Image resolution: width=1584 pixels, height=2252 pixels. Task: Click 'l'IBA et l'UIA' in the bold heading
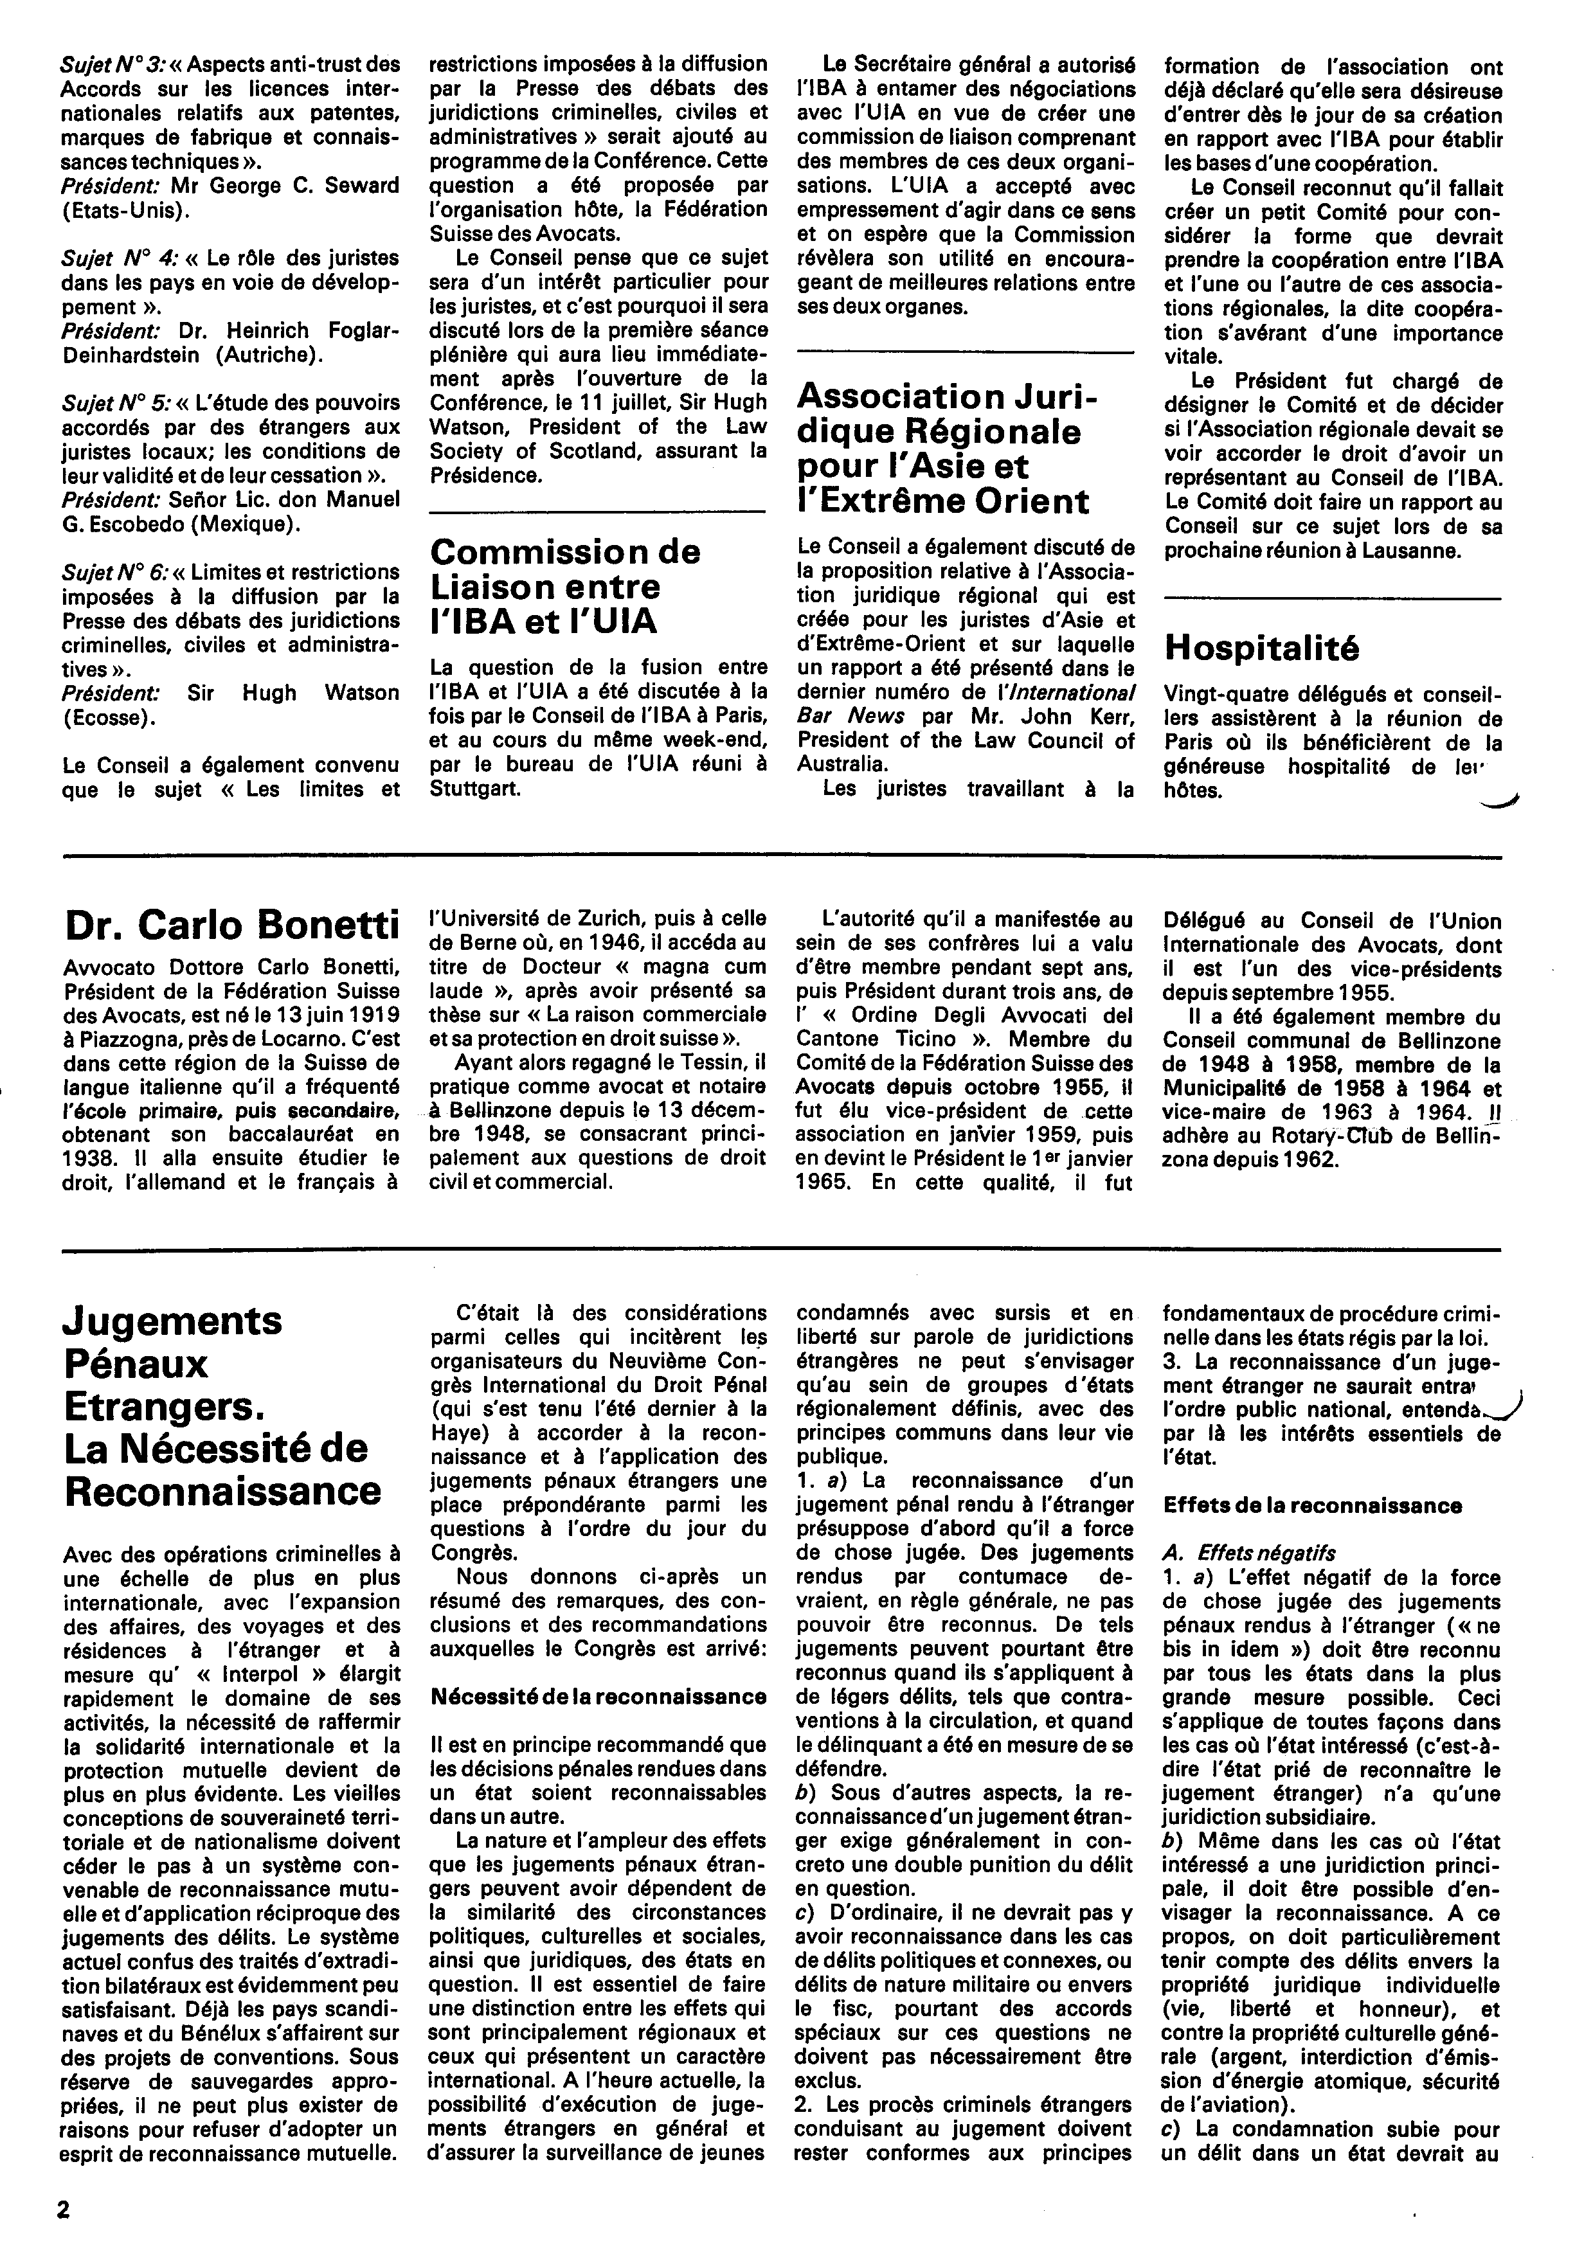[543, 622]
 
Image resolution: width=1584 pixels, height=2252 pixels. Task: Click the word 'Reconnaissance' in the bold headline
[222, 1491]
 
